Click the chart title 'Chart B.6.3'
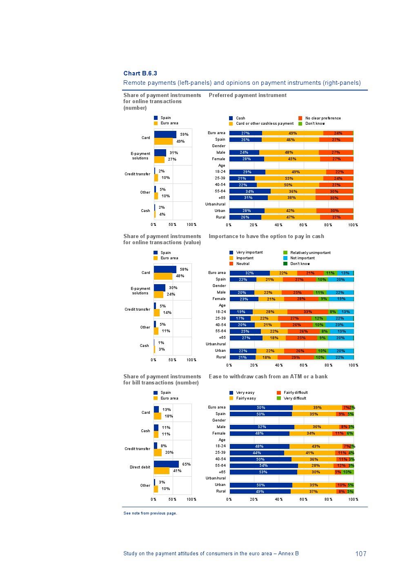(140, 73)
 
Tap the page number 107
(360, 554)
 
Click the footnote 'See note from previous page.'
(150, 513)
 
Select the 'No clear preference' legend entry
(323, 118)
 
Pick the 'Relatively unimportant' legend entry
(310, 253)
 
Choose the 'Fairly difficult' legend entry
(295, 393)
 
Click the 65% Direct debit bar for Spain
(166, 464)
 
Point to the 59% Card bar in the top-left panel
(165, 135)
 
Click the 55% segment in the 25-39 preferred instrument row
(289, 178)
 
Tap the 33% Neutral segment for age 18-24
(307, 312)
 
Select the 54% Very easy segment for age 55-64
(263, 466)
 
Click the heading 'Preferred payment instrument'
(247, 95)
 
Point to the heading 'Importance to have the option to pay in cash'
(266, 236)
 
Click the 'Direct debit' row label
(140, 467)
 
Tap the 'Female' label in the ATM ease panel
(219, 433)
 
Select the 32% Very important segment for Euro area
(249, 273)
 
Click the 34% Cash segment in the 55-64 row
(249, 191)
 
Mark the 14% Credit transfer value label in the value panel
(167, 313)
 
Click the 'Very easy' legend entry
(245, 393)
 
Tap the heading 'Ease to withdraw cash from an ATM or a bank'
(268, 377)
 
